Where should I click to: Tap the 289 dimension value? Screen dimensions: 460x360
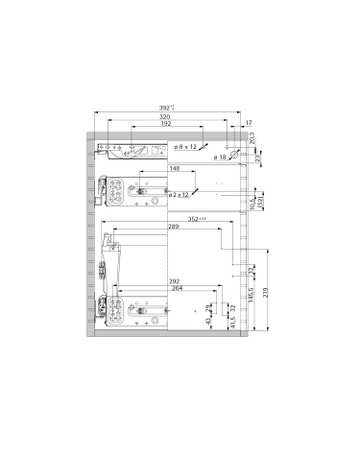[146, 227]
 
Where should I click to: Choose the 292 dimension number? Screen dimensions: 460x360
[146, 281]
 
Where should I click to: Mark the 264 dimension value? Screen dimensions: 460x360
[146, 290]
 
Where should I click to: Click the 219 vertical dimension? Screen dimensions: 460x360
[263, 295]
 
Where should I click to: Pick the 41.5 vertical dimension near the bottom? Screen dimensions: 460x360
[231, 322]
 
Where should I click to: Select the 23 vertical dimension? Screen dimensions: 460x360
[258, 155]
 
